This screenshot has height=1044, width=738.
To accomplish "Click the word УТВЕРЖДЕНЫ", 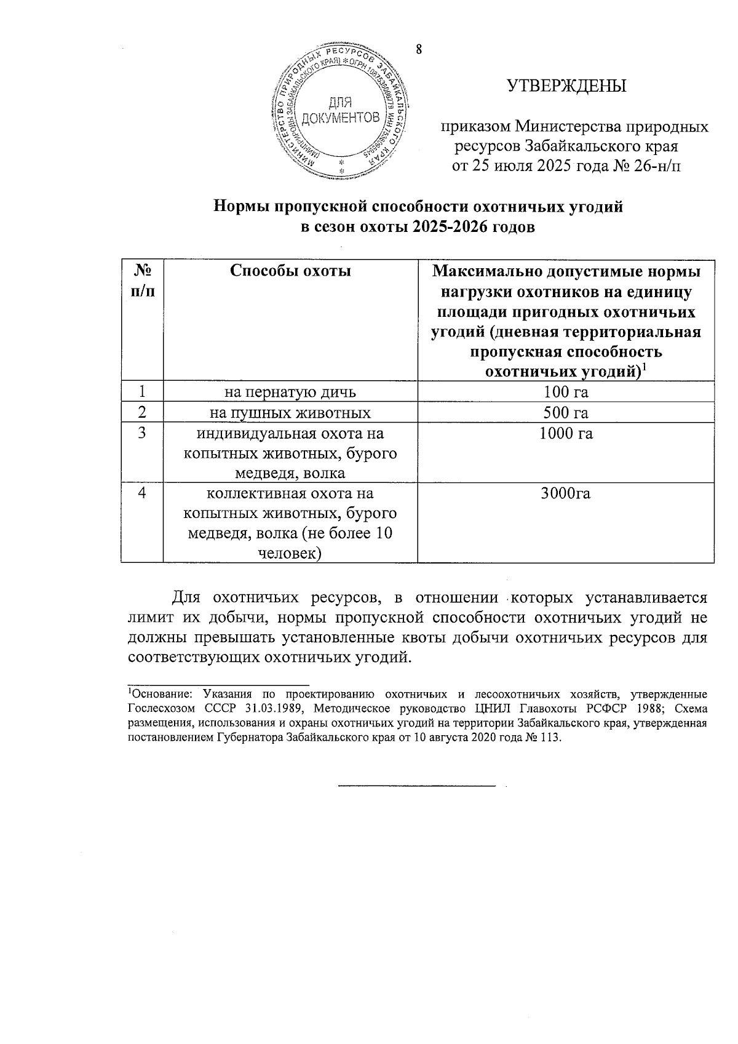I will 566,86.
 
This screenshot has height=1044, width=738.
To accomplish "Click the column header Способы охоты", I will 290,271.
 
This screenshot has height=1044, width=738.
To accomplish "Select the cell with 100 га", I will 566,392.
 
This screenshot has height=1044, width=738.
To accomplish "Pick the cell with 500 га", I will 566,412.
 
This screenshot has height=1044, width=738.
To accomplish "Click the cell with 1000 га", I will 566,434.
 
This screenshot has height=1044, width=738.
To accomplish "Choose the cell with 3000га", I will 566,494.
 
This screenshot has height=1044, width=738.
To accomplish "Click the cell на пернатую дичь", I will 290,392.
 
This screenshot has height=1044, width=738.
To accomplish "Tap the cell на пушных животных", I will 290,412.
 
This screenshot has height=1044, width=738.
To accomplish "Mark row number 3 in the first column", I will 142,433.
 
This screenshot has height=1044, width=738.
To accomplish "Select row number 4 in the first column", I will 142,493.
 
